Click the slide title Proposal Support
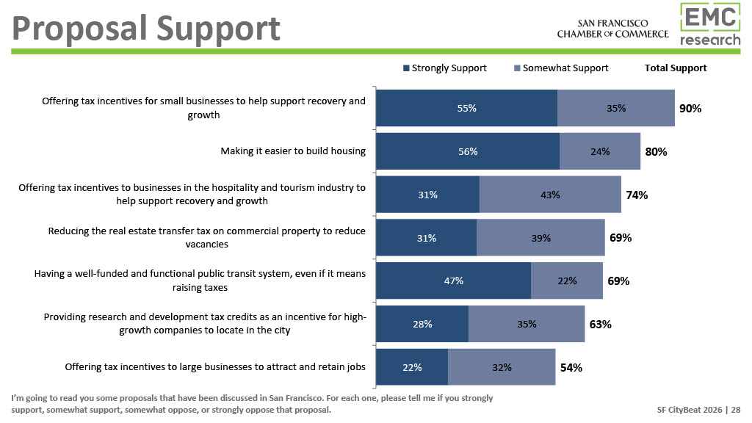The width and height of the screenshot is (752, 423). (147, 29)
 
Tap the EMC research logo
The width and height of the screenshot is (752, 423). (709, 24)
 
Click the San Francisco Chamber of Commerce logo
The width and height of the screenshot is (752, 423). (612, 29)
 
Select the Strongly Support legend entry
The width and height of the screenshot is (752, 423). (444, 68)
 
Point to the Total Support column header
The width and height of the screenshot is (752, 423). (675, 68)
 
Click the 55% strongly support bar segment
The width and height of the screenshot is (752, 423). (466, 109)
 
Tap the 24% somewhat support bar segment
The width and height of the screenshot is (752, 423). (599, 152)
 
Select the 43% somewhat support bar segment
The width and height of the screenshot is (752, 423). (549, 195)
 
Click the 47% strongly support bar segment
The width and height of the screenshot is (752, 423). (453, 281)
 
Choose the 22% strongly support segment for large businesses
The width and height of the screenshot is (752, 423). (412, 367)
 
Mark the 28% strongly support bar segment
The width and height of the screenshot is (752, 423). (422, 324)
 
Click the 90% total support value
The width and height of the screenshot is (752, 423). (690, 109)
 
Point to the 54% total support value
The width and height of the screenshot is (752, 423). (571, 367)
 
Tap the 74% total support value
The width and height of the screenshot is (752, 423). (637, 195)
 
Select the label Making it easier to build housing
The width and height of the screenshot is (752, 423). (293, 151)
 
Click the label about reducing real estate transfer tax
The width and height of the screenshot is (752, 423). (206, 237)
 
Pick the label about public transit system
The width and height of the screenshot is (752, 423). (200, 281)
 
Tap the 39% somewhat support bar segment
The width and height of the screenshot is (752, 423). (540, 238)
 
